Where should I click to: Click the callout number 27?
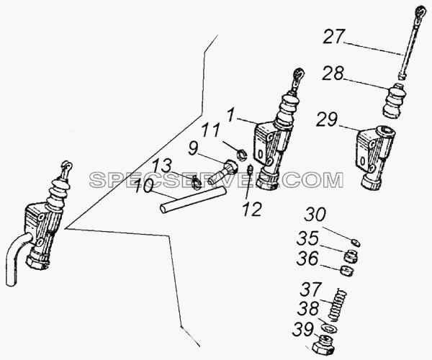333,37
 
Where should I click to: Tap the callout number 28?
333,74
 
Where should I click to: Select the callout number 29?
327,120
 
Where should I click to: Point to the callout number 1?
232,115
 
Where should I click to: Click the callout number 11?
211,131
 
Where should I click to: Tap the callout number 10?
145,186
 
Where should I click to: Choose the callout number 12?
253,210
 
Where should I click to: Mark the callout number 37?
311,289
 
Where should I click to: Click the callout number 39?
303,330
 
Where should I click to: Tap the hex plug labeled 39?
324,345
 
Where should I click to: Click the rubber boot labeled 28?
395,101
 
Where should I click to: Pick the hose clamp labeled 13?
197,183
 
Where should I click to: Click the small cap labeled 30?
356,243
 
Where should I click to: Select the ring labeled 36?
347,271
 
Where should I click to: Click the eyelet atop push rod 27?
421,12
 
